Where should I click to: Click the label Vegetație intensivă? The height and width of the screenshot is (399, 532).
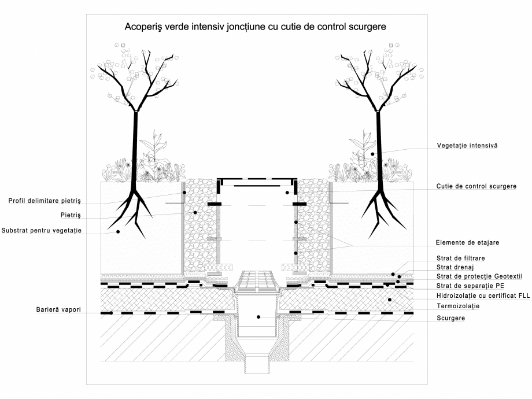467,146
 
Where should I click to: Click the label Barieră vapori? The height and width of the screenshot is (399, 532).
56,311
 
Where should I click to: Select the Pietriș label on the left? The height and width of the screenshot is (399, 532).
70,215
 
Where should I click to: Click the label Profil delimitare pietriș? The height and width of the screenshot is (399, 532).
45,201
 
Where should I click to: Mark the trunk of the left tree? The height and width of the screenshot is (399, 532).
135,150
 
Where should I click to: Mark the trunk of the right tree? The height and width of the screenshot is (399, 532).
380,150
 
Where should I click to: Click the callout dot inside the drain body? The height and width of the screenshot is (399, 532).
258,316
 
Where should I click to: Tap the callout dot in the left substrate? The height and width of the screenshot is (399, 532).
117,231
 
